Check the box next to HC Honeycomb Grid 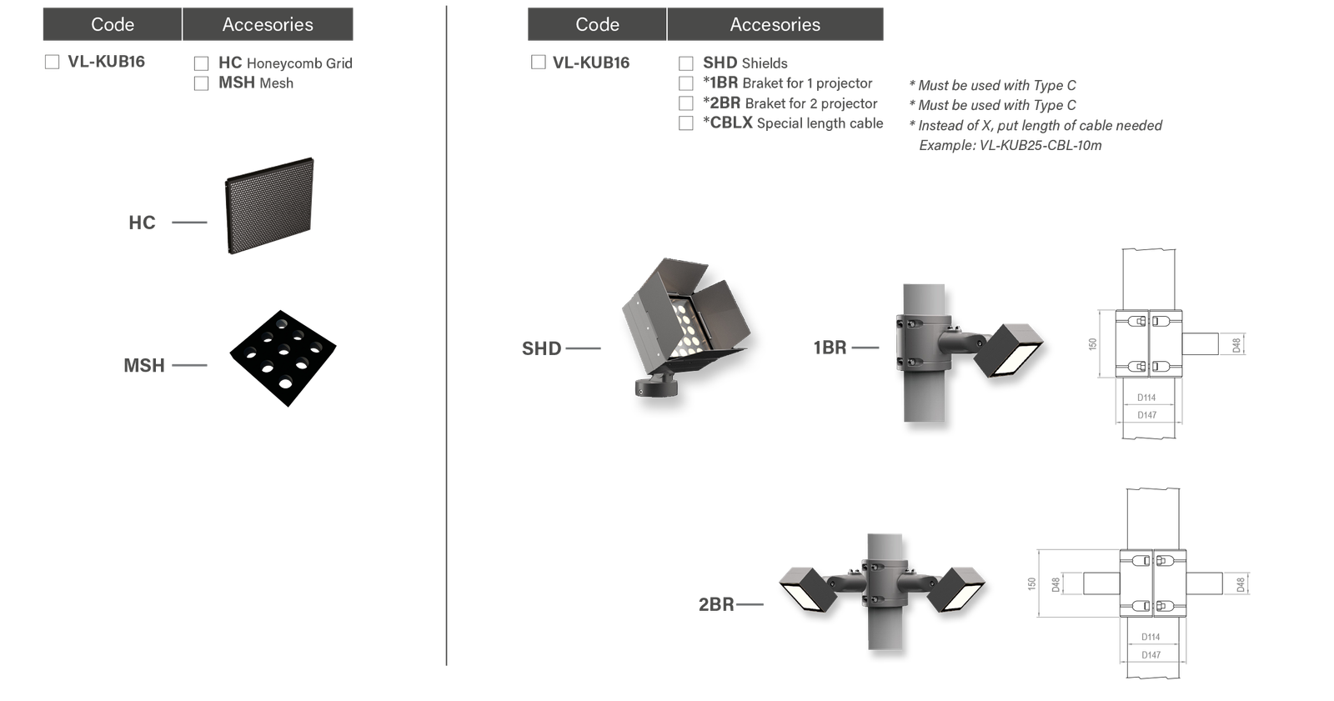click(201, 63)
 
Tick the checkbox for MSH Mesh click(201, 83)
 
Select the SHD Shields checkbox click(686, 63)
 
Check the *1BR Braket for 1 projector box click(686, 83)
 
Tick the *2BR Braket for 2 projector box click(686, 103)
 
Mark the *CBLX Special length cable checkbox click(686, 123)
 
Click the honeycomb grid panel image click(270, 206)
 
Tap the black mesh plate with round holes click(283, 358)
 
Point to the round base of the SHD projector click(656, 387)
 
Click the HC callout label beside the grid click(142, 223)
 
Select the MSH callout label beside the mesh click(144, 365)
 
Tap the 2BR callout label click(716, 604)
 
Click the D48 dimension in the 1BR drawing click(1236, 345)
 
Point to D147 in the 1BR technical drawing click(1146, 415)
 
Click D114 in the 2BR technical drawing click(1151, 637)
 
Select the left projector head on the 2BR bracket click(809, 589)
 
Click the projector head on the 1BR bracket click(1009, 350)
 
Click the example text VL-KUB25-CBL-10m click(1041, 145)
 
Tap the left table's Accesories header click(268, 24)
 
